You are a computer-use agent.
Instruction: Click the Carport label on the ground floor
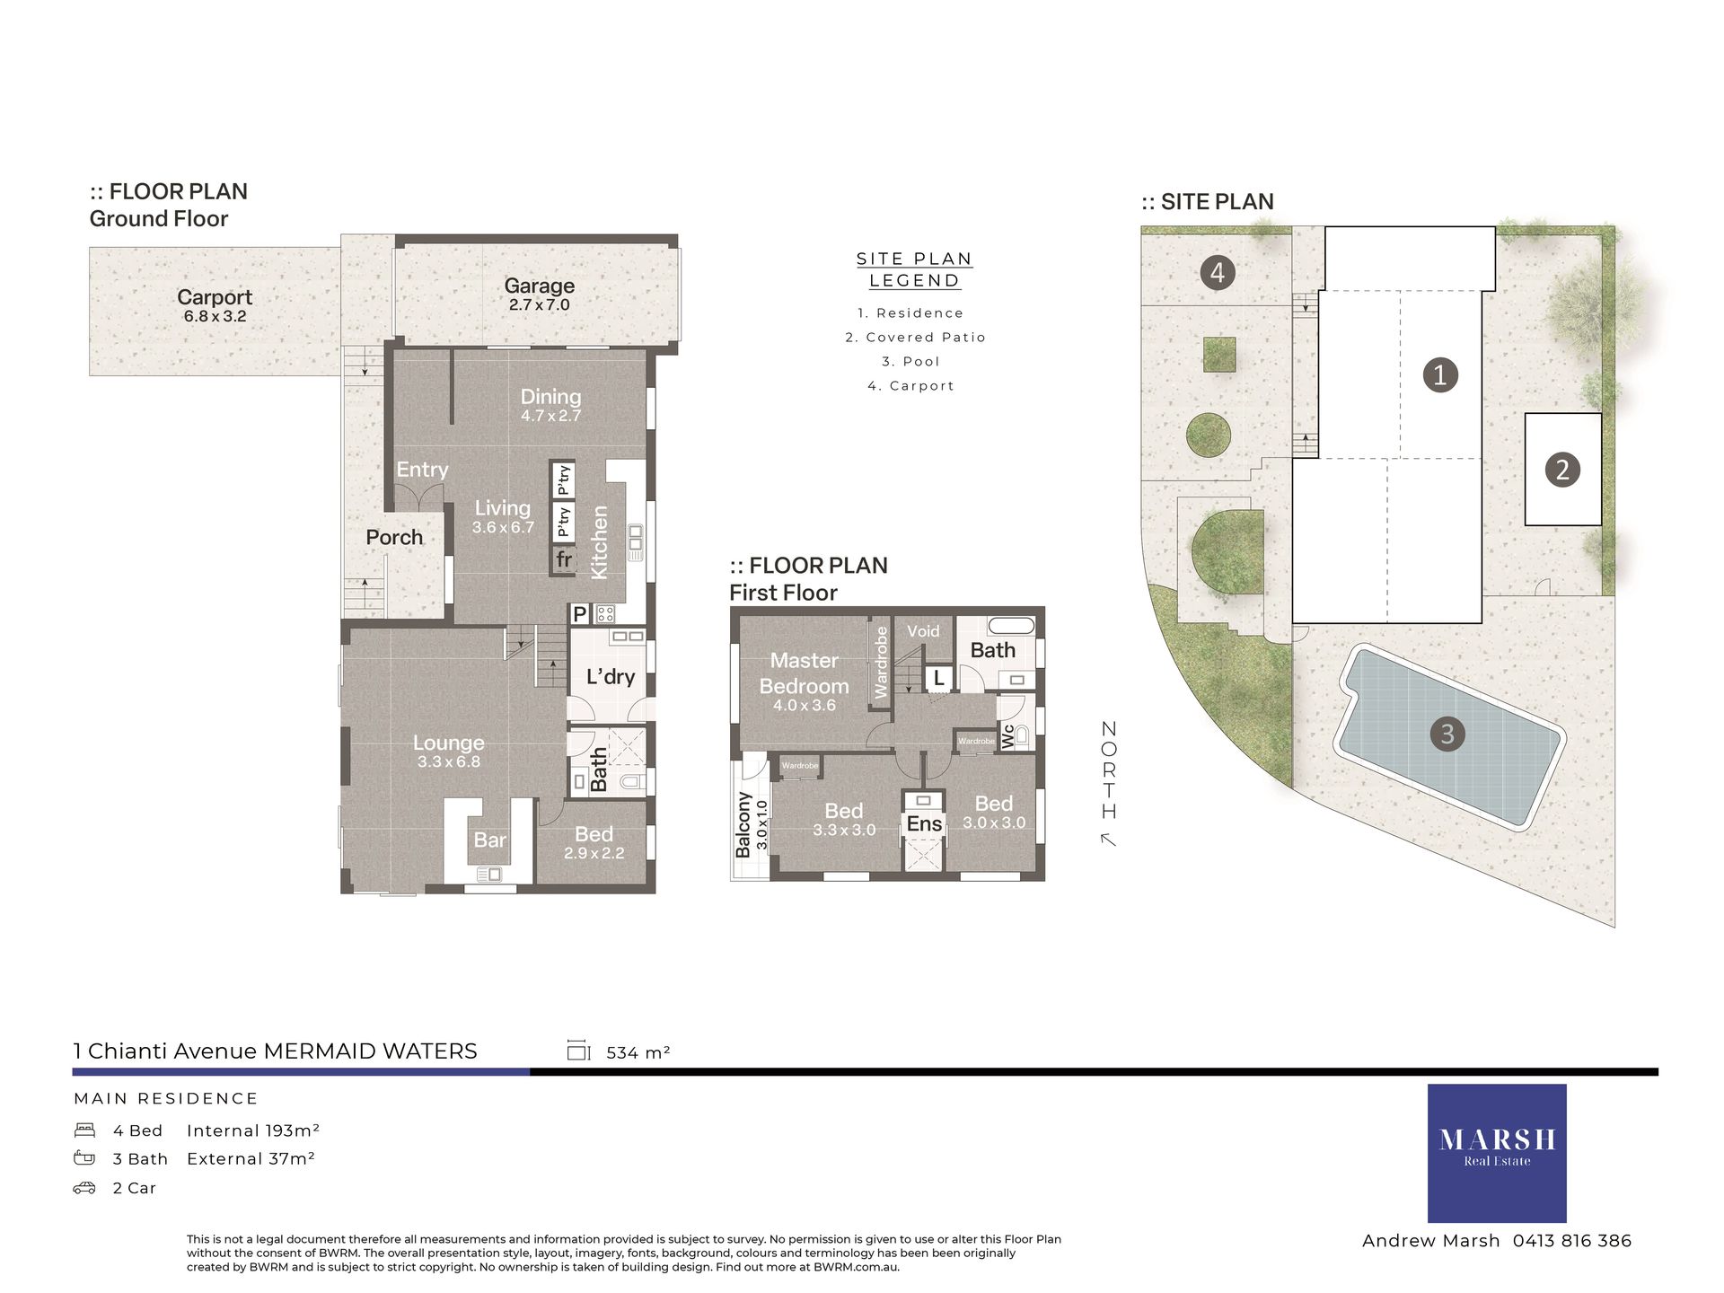pos(215,297)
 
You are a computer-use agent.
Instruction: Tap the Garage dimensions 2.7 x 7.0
pos(539,305)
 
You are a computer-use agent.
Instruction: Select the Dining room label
pos(550,396)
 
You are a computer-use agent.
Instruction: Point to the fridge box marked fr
pos(564,560)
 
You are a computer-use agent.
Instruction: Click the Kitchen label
pos(599,542)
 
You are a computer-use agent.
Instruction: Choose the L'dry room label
pos(611,677)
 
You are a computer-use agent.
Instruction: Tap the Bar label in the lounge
pos(489,840)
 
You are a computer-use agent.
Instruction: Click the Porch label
pos(394,537)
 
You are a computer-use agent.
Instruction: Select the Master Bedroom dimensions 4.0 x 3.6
pos(805,706)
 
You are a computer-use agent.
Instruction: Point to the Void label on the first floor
pos(923,631)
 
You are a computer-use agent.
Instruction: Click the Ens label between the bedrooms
pos(924,824)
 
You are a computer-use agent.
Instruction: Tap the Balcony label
pos(743,824)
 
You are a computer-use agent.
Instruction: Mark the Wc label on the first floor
pos(1007,736)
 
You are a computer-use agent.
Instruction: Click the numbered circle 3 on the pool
pos(1447,734)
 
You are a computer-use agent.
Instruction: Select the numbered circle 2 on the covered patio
pos(1562,470)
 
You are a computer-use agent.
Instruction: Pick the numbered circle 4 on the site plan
pos(1218,272)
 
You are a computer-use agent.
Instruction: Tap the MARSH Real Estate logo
pos(1497,1153)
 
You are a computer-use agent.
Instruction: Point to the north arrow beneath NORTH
pos(1109,840)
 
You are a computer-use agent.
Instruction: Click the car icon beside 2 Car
pos(84,1188)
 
